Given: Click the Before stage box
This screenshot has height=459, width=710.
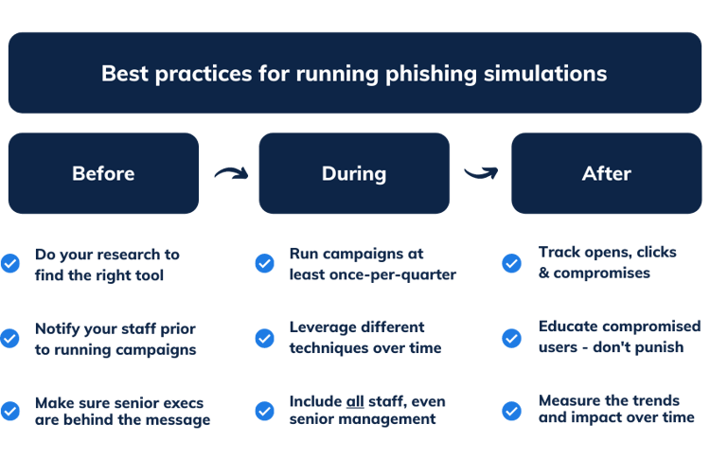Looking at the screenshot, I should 103,173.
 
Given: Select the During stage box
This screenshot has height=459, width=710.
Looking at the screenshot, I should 354,173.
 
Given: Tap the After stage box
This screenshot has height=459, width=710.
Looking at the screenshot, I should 606,173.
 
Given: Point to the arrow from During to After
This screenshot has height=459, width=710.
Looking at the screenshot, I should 480,172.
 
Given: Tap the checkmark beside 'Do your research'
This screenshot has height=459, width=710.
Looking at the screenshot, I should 10,264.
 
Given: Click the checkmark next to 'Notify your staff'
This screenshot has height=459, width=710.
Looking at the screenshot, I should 10,337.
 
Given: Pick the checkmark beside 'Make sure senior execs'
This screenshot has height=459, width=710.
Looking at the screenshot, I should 10,411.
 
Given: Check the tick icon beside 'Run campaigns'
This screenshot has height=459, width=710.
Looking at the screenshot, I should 265,264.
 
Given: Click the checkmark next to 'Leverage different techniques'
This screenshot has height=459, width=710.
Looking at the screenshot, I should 265,337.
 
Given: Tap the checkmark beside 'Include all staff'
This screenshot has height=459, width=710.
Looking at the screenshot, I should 265,411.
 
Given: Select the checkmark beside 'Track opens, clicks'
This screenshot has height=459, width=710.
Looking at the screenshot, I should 511,264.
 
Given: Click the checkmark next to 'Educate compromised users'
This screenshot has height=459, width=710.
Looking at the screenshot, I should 511,337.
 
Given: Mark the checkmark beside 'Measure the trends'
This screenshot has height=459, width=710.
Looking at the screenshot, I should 511,411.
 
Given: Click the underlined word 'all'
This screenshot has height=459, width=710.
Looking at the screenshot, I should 358,402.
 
